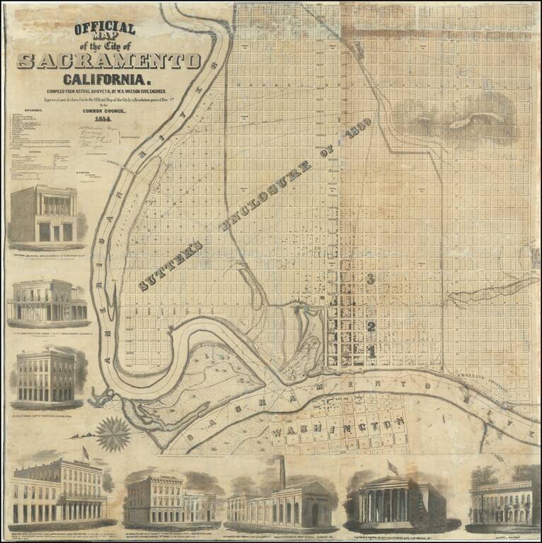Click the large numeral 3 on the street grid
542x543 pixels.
pos(370,279)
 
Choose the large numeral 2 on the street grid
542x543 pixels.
pos(370,326)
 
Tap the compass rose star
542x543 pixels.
pos(113,433)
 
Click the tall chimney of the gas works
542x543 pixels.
pos(281,472)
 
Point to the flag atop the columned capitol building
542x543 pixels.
pos(392,467)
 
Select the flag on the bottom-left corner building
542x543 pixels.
pos(86,452)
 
